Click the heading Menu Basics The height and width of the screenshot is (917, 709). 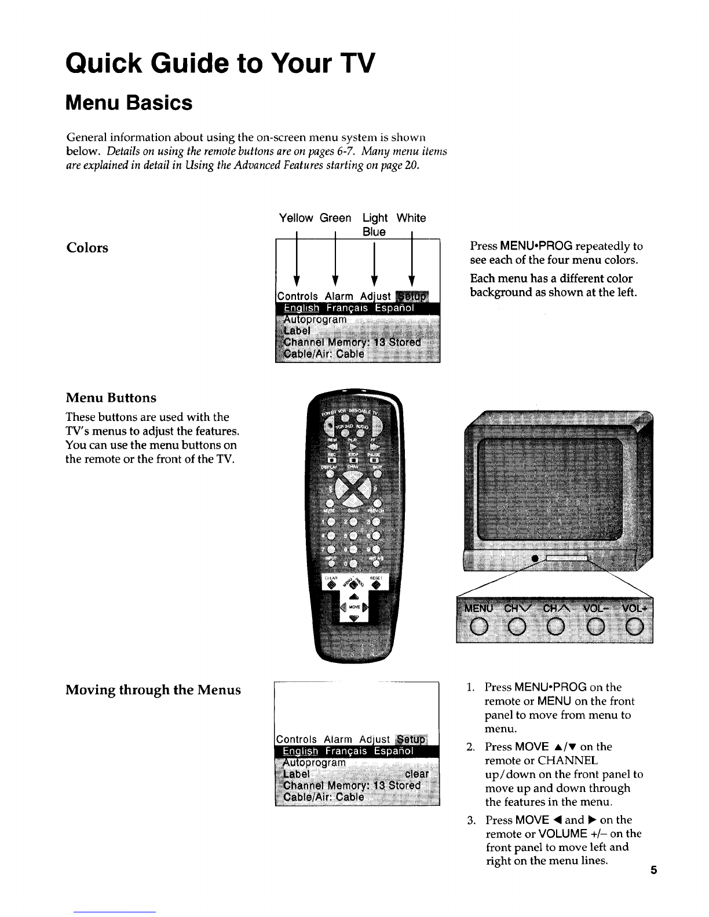[x=129, y=103]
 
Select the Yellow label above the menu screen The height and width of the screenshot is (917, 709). [x=295, y=218]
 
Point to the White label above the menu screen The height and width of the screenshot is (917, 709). [x=411, y=218]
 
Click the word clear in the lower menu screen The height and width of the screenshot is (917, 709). [x=416, y=774]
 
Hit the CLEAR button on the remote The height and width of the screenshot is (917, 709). [x=331, y=586]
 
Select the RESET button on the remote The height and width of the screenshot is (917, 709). [x=376, y=586]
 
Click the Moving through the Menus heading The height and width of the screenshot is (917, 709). [x=153, y=690]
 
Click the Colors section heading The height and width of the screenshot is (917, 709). [x=87, y=248]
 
